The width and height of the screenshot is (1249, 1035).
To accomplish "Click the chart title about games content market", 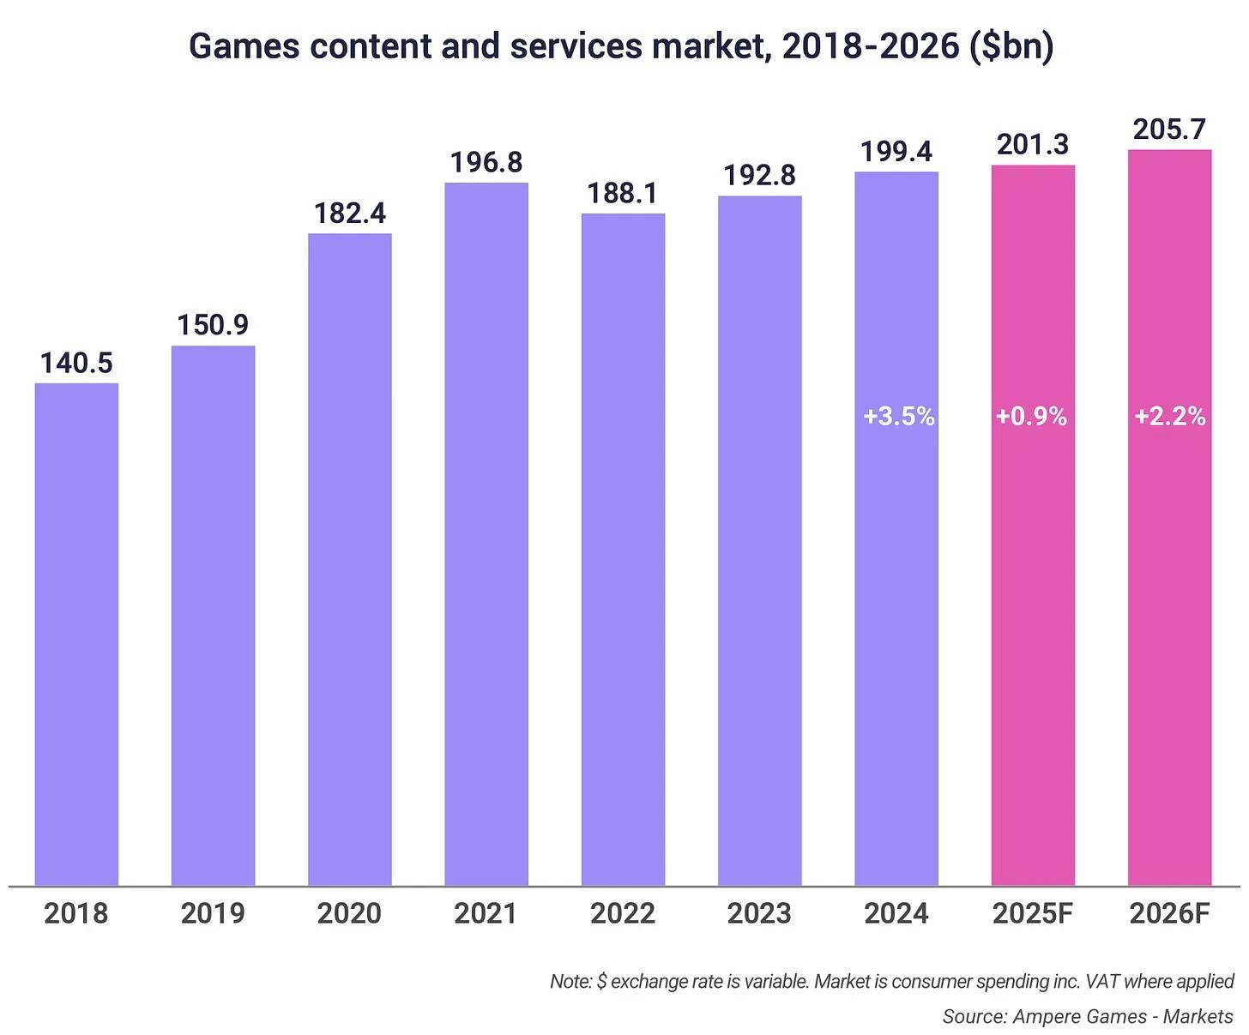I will coord(620,45).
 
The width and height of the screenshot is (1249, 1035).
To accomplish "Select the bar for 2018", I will coord(76,635).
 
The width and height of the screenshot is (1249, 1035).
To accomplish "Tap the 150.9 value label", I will coord(213,325).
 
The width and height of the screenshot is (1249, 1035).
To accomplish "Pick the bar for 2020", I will coord(350,557).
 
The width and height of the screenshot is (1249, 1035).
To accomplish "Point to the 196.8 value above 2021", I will coord(486,162).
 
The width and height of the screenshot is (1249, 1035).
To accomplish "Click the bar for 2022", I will coord(623,549).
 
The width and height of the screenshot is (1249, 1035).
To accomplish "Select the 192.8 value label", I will coord(759,175).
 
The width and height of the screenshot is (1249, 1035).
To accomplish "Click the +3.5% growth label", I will coord(898,417).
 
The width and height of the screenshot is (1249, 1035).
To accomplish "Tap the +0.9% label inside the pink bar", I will coord(1031,417).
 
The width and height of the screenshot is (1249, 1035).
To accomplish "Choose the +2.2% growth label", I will coord(1170,417).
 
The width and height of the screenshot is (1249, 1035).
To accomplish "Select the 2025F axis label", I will coord(1033,913).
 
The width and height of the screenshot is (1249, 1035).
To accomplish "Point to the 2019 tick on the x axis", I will coord(213,913).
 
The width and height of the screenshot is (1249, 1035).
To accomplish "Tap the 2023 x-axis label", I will coord(759,913).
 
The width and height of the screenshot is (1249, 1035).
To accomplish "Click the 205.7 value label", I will coord(1169,129).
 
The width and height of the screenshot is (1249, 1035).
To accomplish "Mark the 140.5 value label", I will coord(76,363).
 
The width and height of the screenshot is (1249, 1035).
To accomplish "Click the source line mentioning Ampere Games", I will coord(1087,1016).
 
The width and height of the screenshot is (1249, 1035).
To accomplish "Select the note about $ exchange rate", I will coord(891,981).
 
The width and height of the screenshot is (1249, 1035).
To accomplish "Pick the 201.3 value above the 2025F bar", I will coord(1033,144).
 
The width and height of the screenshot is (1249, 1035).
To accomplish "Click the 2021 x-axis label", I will coord(486,913).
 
